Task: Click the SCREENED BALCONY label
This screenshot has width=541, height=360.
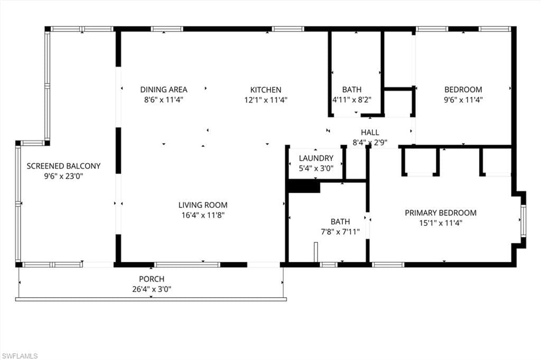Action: tap(63, 166)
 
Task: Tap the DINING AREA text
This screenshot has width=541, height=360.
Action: tap(163, 90)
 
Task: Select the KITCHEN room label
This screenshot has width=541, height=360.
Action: tap(266, 90)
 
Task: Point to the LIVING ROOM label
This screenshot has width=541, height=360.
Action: tap(203, 205)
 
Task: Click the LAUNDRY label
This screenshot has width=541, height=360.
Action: tap(316, 158)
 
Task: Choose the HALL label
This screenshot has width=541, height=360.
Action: tap(370, 132)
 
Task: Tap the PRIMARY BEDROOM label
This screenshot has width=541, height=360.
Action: tap(441, 213)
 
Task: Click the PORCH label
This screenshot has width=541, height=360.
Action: tap(152, 279)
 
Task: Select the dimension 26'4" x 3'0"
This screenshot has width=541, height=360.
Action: tap(152, 289)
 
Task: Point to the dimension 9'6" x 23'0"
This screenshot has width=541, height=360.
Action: tap(63, 176)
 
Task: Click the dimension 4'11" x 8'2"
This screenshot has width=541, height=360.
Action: tap(352, 99)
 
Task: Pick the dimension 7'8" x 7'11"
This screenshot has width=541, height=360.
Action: tap(340, 231)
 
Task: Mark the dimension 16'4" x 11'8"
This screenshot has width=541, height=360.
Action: tap(203, 215)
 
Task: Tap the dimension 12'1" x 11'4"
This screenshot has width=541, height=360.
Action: tap(266, 99)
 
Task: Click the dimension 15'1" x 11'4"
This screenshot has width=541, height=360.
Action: tap(441, 223)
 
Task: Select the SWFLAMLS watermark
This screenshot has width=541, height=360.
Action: tap(20, 356)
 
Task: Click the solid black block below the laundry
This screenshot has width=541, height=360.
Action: tap(304, 187)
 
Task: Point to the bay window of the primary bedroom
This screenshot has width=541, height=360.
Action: tap(523, 220)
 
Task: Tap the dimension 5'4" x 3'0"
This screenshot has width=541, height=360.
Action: tap(316, 168)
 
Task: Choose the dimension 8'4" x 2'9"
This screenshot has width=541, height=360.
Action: tap(370, 142)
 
